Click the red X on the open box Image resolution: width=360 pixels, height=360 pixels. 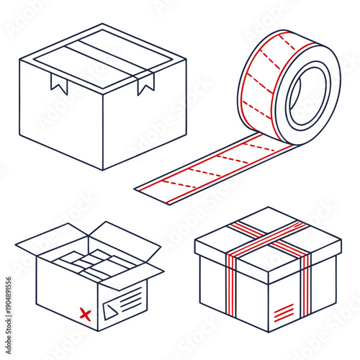pyautogui.click(x=85, y=313)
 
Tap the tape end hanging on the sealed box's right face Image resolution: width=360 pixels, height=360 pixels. pyautogui.click(x=146, y=84)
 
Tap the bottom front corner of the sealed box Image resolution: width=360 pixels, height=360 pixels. pyautogui.click(x=104, y=169)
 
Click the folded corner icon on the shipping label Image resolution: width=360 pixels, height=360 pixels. pyautogui.click(x=110, y=310)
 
